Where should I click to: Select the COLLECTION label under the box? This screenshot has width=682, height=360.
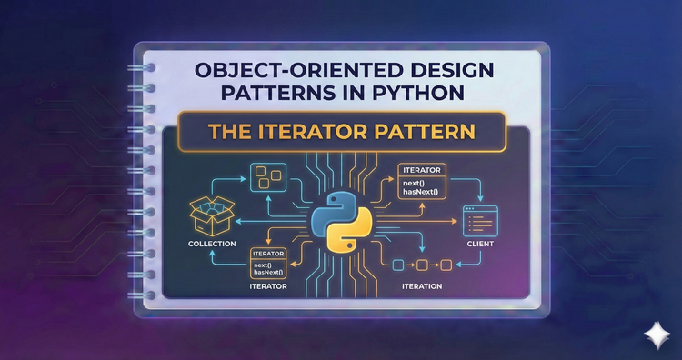[x=211, y=245]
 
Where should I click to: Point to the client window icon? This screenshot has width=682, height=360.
[x=479, y=219]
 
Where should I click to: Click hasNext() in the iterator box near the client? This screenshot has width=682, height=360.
[x=418, y=193]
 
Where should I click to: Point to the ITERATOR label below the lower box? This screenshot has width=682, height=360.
[x=268, y=286]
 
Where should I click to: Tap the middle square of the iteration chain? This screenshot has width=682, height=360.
[x=421, y=265]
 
